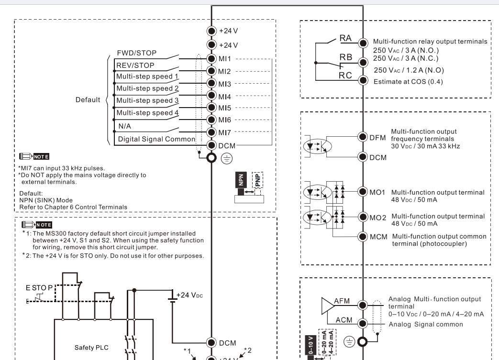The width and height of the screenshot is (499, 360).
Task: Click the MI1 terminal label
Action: point(224,58)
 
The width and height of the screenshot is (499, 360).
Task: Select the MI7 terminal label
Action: point(224,131)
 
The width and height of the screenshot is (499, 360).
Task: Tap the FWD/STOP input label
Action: point(136,53)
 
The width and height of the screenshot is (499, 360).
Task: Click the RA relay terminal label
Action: point(345,38)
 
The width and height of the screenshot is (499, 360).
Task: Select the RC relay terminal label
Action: point(345,75)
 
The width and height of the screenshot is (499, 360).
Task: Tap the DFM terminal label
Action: point(378,137)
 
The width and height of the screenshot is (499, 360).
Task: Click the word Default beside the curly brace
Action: point(88,100)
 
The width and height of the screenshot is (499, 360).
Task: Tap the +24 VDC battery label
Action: point(191,295)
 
